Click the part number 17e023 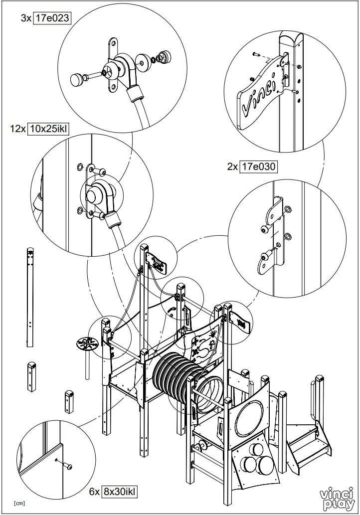55,18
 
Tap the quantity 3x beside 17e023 26,18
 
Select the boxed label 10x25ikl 48,129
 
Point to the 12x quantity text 17,129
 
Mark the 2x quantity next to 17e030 232,167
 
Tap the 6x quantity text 95,491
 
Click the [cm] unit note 19,503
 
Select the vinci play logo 337,499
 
